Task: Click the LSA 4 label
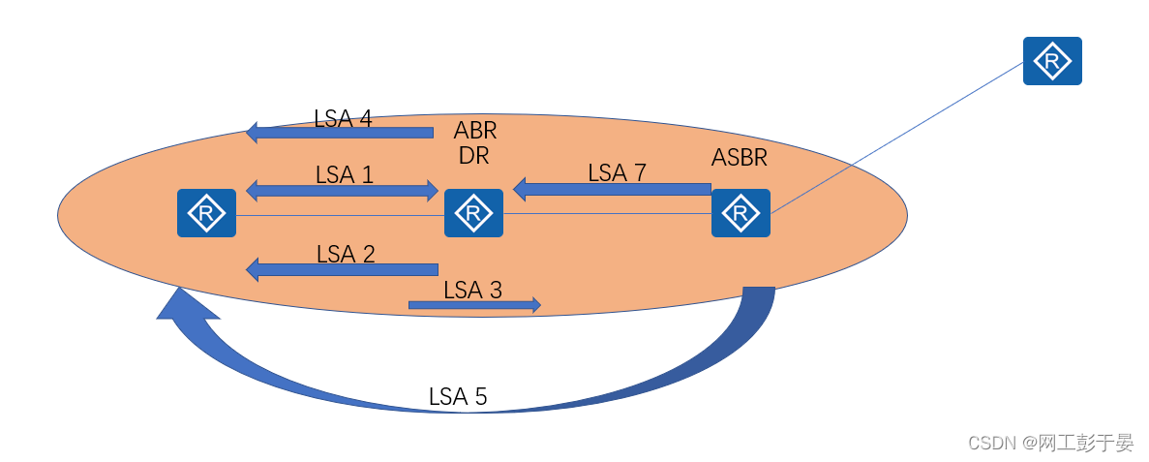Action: click(x=343, y=118)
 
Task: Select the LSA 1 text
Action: click(x=345, y=174)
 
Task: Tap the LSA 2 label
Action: click(x=346, y=254)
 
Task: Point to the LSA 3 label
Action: click(x=472, y=289)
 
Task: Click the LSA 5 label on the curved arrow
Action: click(x=458, y=395)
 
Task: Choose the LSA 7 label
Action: click(x=617, y=172)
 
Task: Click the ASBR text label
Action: click(x=741, y=157)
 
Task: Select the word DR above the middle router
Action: click(x=473, y=155)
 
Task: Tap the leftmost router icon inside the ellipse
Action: click(x=206, y=213)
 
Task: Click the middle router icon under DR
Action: click(x=473, y=213)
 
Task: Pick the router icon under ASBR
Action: click(x=741, y=213)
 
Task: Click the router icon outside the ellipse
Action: click(x=1052, y=61)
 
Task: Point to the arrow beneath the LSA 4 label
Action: click(x=340, y=132)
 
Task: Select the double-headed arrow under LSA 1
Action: click(x=343, y=191)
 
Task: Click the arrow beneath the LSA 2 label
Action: click(x=343, y=269)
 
